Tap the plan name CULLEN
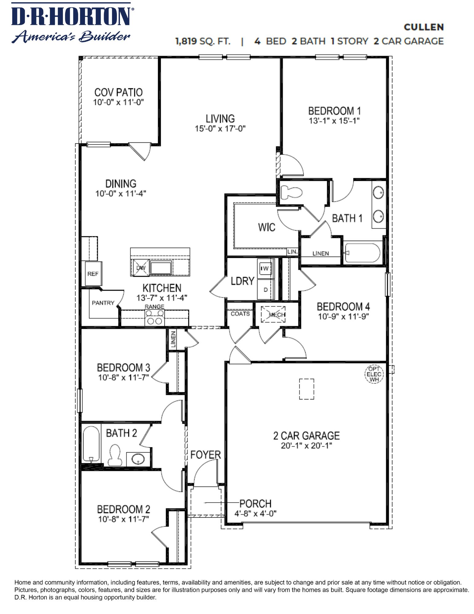tap(423, 27)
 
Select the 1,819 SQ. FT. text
tap(202, 41)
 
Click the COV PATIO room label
tap(118, 92)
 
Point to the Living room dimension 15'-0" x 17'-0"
tap(220, 129)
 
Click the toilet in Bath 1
tap(291, 192)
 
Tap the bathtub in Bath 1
tap(363, 253)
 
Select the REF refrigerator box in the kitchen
tap(93, 274)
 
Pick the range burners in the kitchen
tap(155, 317)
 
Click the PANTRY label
tap(103, 303)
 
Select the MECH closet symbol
tap(273, 314)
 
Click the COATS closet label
tap(240, 314)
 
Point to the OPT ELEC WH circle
tap(374, 374)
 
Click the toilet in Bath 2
tap(115, 456)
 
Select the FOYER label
tap(205, 455)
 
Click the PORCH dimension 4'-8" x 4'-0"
tap(255, 513)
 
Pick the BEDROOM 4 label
tap(343, 306)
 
